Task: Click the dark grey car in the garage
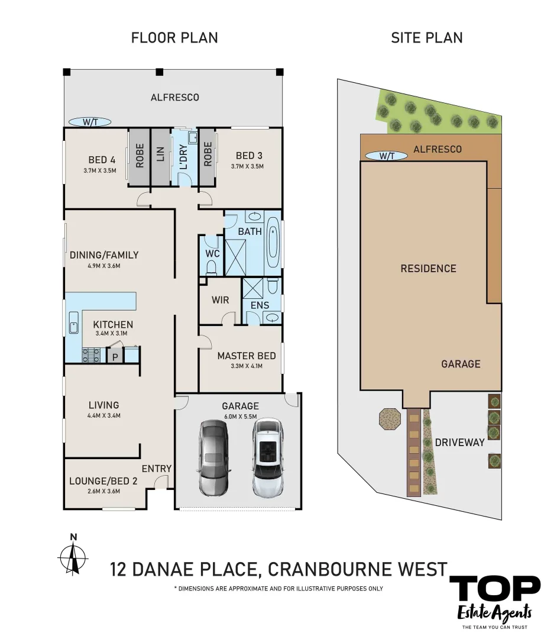tap(213, 457)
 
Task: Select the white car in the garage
tap(267, 457)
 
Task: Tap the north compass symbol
tap(73, 555)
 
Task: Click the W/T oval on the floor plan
tap(90, 122)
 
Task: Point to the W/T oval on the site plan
tap(386, 156)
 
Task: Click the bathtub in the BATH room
tap(273, 243)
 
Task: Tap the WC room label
tap(212, 254)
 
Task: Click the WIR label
tap(220, 300)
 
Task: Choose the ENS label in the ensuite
tap(260, 305)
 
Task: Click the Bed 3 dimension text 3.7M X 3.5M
tap(247, 166)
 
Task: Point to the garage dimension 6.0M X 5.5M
tap(240, 417)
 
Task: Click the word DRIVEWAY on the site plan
tap(459, 442)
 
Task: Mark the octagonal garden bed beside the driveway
tap(390, 418)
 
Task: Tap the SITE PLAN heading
tap(426, 38)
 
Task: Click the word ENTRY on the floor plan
tap(157, 469)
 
